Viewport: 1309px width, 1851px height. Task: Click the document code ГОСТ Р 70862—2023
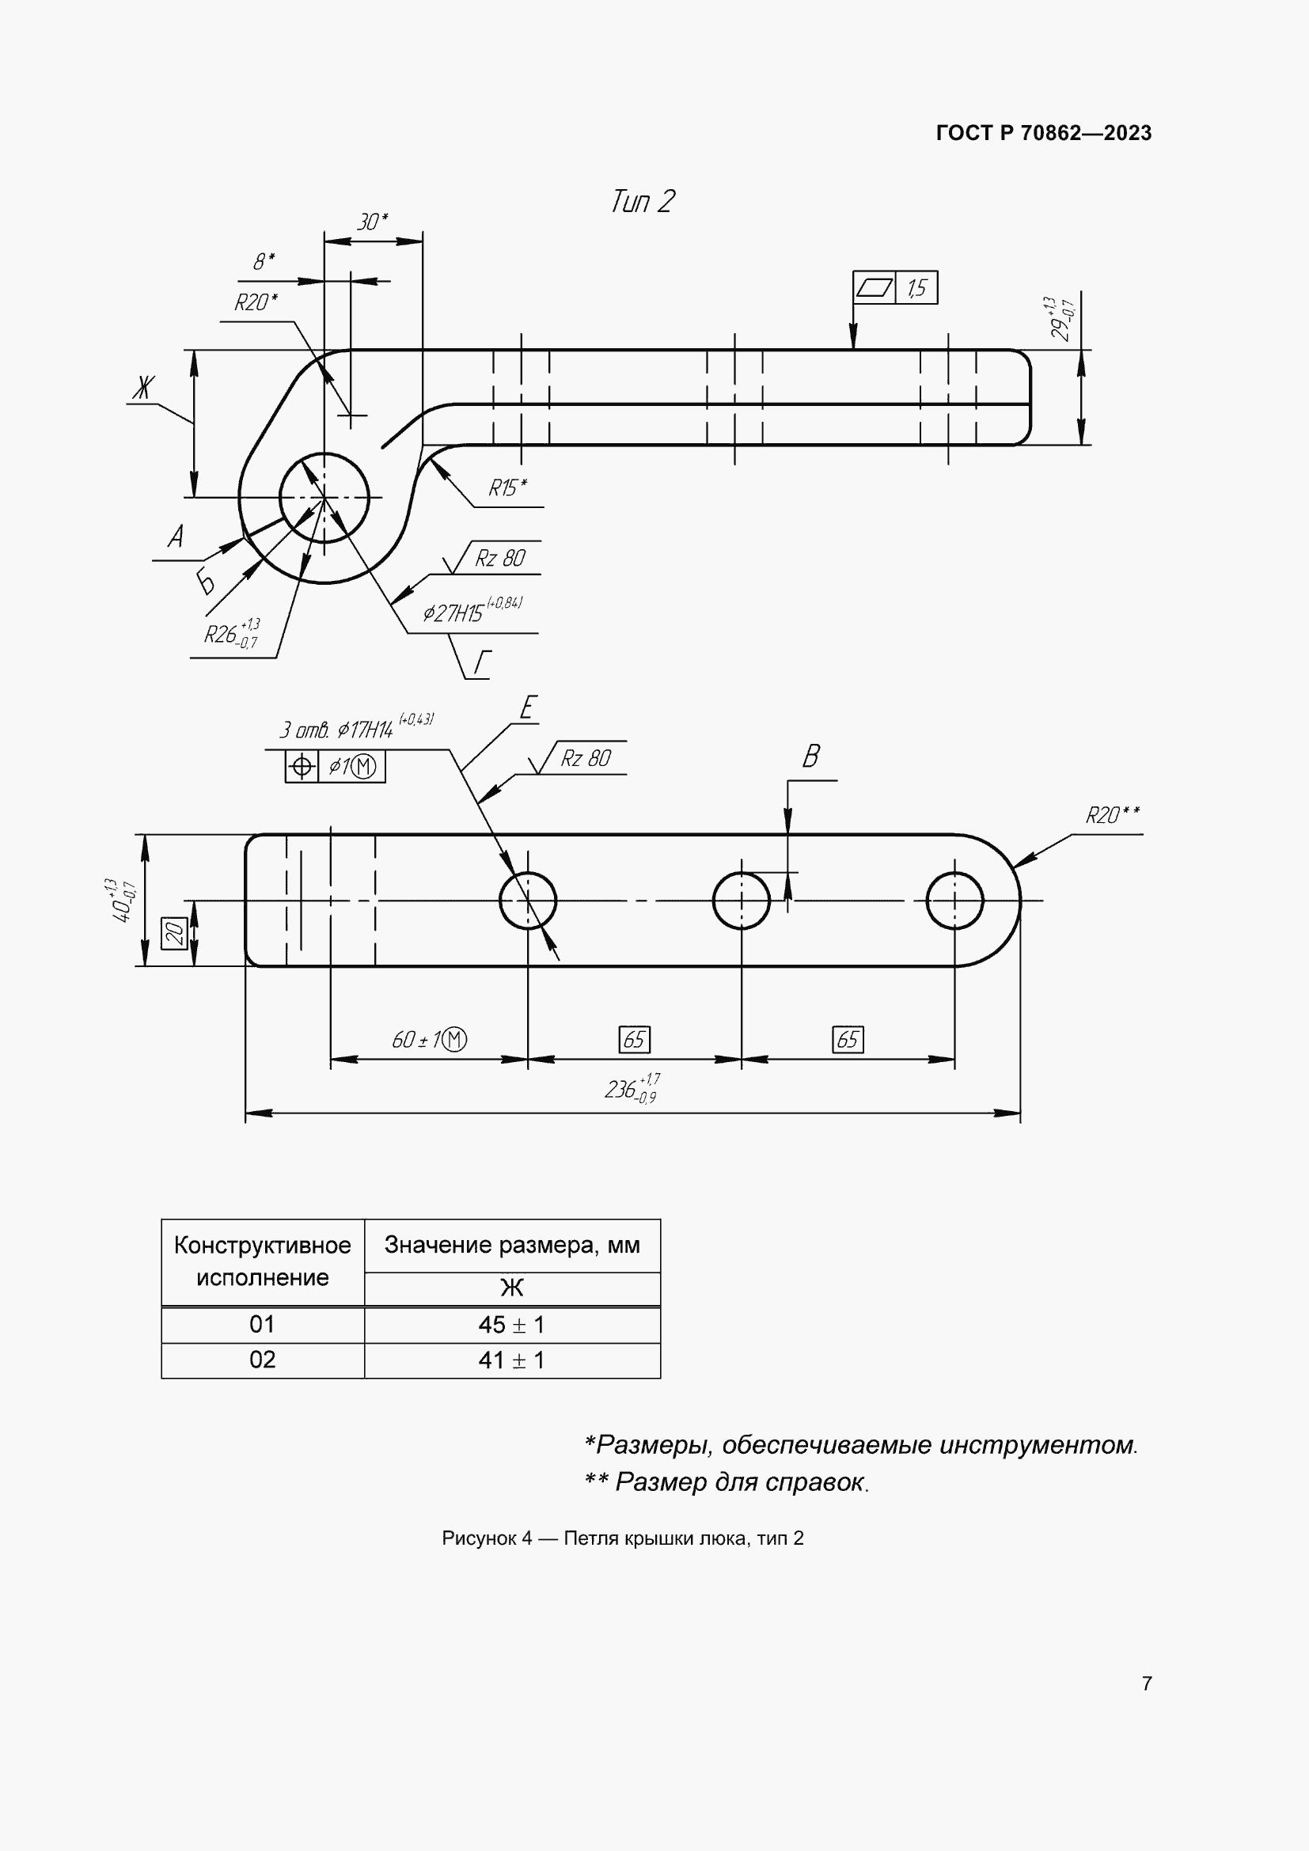[x=1043, y=133]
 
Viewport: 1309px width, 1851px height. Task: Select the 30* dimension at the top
[x=373, y=222]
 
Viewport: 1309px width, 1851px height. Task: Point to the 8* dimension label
[x=264, y=261]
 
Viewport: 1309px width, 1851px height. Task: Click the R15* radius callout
[x=507, y=487]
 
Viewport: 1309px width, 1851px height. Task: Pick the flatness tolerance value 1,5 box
[x=916, y=288]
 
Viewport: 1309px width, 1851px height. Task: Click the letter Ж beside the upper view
[x=142, y=389]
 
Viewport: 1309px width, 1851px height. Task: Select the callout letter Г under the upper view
[x=482, y=662]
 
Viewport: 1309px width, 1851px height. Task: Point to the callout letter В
[x=811, y=757]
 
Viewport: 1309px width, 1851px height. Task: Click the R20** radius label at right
[x=1112, y=816]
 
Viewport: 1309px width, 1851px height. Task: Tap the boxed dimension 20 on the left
[x=174, y=933]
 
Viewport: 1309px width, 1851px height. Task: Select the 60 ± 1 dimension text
[x=428, y=1039]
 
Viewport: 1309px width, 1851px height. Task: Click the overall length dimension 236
[x=631, y=1090]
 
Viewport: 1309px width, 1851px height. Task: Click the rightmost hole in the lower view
[x=954, y=900]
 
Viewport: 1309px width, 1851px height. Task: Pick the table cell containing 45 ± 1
[x=512, y=1325]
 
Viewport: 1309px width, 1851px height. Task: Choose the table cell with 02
[x=262, y=1360]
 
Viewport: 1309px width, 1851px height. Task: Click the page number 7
[x=1146, y=1683]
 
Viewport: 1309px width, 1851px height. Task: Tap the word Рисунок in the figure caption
[x=478, y=1538]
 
